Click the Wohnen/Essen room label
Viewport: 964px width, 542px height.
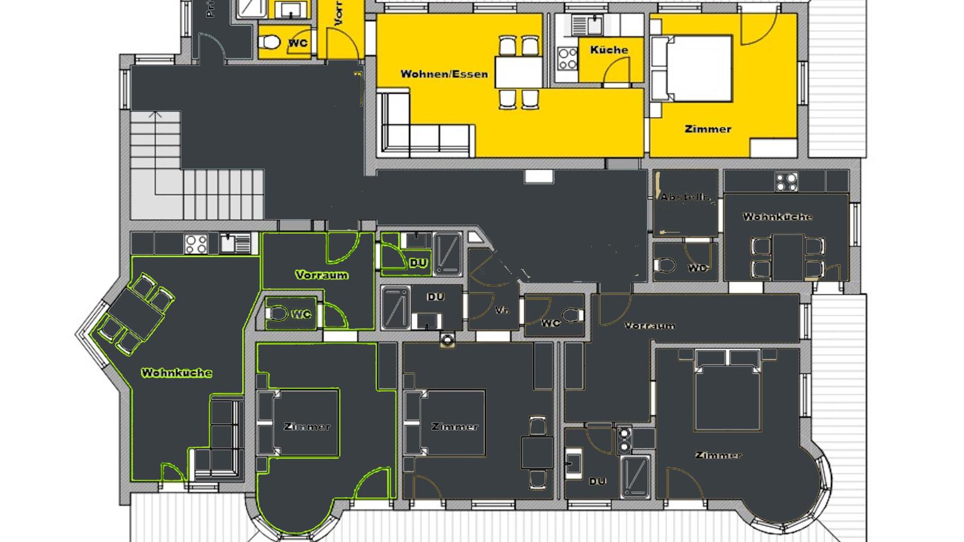444,75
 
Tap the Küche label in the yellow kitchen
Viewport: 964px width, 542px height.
609,50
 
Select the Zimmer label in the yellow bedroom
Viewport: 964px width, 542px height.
708,129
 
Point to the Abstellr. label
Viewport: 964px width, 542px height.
685,197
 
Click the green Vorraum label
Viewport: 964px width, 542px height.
322,275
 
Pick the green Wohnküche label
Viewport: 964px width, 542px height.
177,373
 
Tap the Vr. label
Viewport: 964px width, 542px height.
499,311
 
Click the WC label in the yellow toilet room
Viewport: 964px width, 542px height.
298,43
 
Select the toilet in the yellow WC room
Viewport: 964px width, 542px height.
269,43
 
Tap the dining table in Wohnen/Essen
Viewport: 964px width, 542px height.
518,73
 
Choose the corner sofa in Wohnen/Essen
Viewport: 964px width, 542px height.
422,129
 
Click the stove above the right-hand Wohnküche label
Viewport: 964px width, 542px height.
786,181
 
